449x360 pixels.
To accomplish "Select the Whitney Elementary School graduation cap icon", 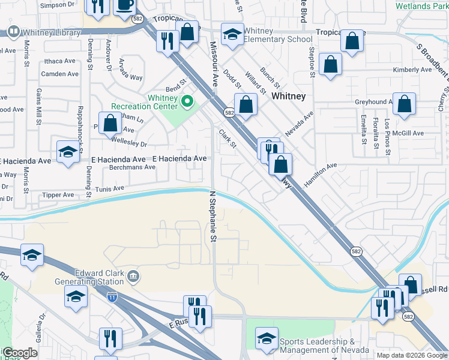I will [x=232, y=35].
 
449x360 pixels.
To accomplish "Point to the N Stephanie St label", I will [x=212, y=217].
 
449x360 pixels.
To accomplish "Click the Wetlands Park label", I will [x=421, y=6].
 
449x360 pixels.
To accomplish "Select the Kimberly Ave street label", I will [x=412, y=70].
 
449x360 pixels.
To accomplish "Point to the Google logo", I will [x=19, y=353].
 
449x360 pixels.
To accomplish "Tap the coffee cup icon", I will [x=125, y=5].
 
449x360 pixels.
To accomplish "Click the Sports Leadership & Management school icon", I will [x=267, y=338].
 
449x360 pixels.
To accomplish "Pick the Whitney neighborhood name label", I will [x=288, y=96].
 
